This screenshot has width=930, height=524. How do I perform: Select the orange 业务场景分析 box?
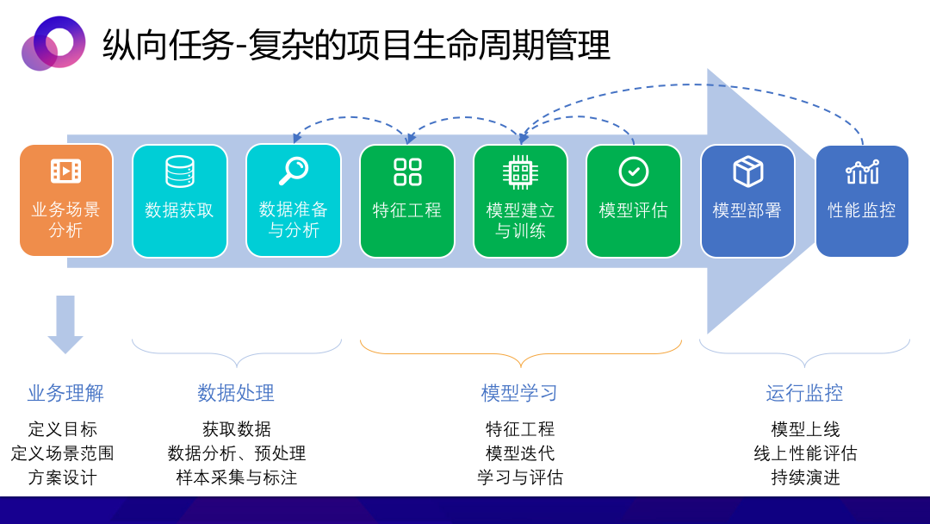(65, 200)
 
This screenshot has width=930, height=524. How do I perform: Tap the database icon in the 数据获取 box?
(180, 172)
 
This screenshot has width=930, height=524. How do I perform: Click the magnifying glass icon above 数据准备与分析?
(294, 171)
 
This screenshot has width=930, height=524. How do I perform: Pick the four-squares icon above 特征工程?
(407, 172)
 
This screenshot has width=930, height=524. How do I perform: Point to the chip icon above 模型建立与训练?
(520, 172)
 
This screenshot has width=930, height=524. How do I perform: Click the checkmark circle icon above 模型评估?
(634, 172)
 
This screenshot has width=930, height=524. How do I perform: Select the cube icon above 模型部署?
(748, 172)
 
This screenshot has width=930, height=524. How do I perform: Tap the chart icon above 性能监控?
(862, 172)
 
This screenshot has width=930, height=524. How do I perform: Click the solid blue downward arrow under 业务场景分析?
(65, 324)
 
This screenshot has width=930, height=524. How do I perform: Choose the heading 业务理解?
(65, 393)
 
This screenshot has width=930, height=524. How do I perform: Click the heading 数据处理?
(236, 393)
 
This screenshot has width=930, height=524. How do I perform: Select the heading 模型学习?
(519, 393)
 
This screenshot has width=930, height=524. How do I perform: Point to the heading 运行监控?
(804, 393)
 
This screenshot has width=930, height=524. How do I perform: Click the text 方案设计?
(62, 477)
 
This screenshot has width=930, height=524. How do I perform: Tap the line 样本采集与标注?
(237, 477)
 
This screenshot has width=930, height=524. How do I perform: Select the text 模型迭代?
(520, 453)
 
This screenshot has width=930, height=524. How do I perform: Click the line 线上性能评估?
(805, 453)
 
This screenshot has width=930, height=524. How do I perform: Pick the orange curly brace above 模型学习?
(521, 354)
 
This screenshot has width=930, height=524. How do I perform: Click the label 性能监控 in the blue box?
(862, 210)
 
